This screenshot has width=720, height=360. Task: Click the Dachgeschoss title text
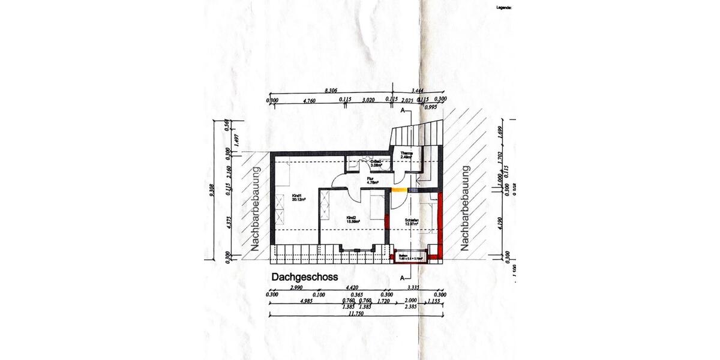305,277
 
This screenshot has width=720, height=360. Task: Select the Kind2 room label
352,220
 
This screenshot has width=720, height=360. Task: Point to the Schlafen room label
412,223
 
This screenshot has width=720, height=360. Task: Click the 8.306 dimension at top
331,90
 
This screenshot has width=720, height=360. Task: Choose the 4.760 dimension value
310,100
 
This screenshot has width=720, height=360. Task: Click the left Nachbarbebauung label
255,209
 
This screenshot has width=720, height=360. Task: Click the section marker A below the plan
401,278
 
